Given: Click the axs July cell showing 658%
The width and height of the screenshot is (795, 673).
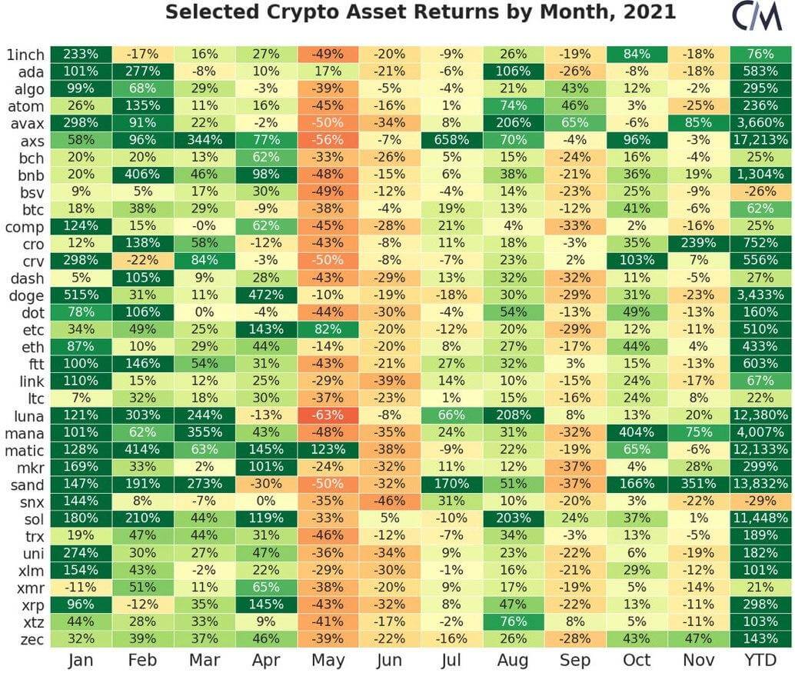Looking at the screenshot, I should tap(452, 139).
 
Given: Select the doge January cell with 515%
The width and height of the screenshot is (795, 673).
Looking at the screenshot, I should tap(81, 295).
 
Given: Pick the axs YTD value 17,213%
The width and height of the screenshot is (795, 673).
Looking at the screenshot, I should tap(761, 139).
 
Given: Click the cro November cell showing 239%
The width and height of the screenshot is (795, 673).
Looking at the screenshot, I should tap(699, 243).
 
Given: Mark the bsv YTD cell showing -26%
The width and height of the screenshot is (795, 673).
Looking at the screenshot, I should tap(761, 192).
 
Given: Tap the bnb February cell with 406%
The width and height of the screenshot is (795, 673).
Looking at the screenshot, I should tap(143, 174).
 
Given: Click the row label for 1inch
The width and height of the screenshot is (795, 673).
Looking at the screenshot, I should tap(25, 54).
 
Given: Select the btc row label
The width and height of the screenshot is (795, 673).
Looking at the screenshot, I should tap(32, 209).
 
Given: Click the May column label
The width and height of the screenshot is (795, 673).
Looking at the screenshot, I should tap(328, 660).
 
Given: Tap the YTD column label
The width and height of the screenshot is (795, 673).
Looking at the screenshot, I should tap(761, 660).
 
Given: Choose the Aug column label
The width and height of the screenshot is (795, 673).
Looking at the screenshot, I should tap(514, 660).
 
